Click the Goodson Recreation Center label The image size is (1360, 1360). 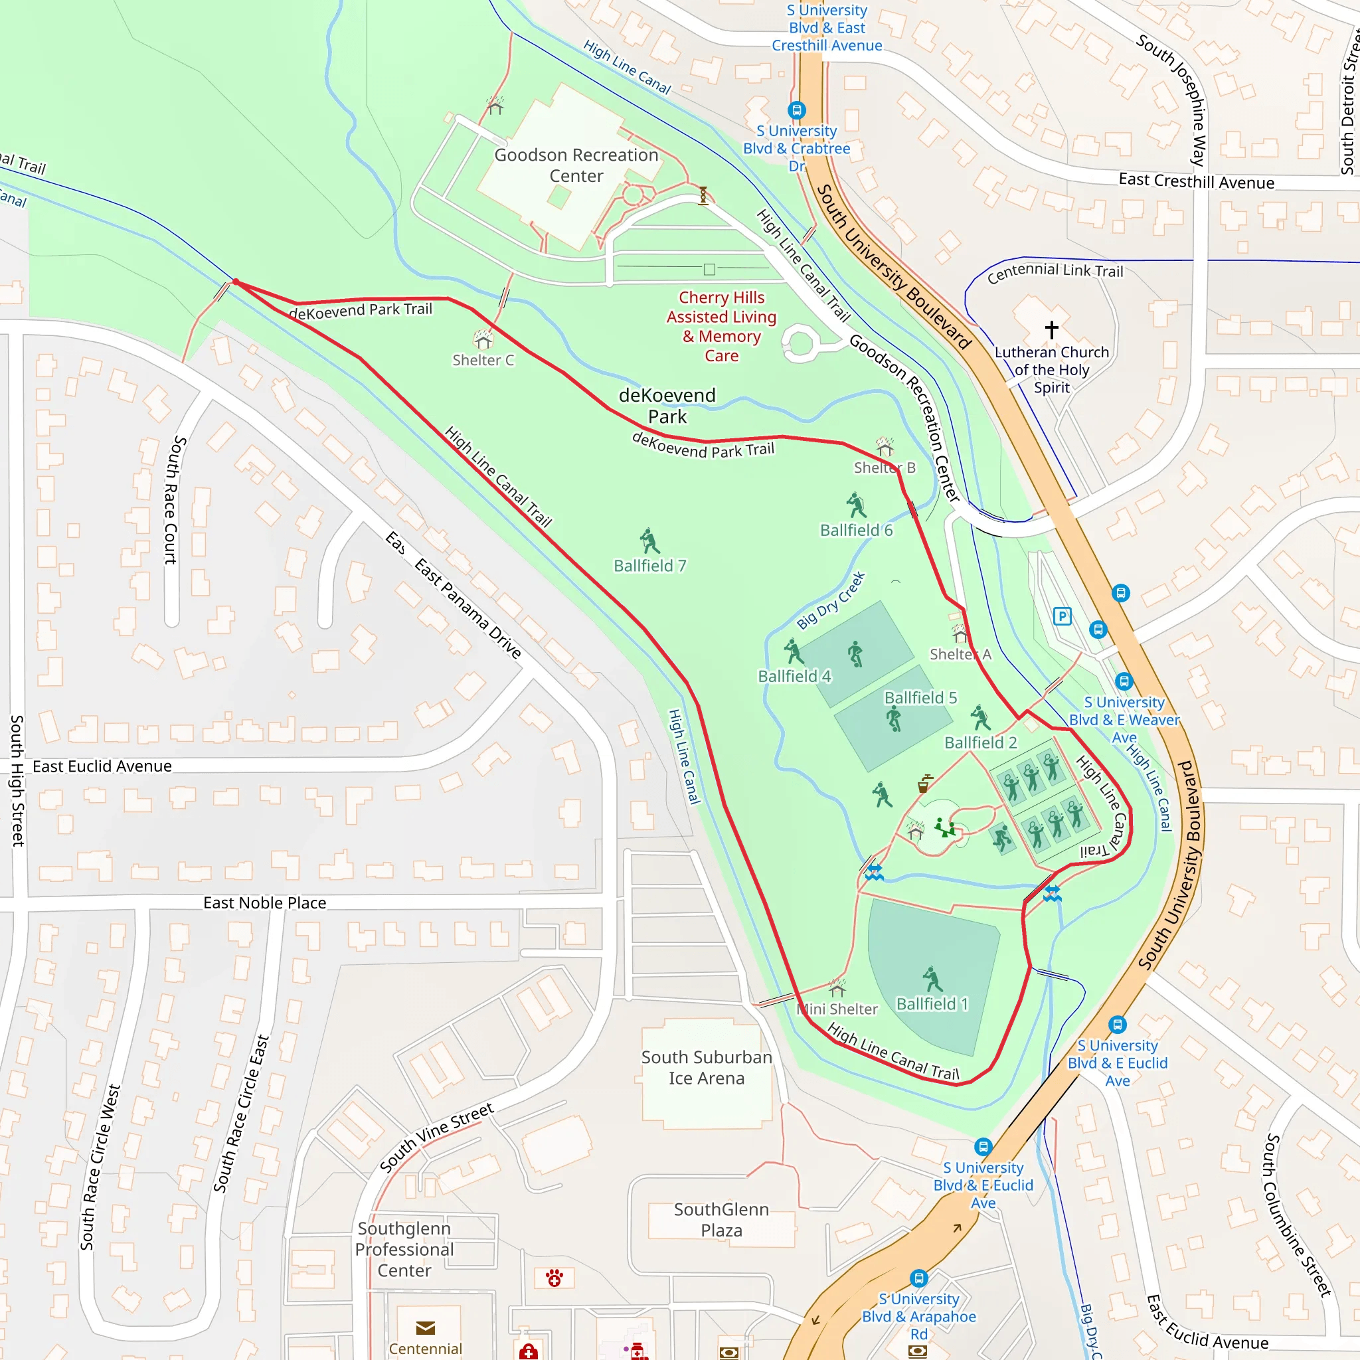(x=576, y=165)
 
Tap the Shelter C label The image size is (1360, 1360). (x=483, y=360)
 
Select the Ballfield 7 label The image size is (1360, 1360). (x=649, y=565)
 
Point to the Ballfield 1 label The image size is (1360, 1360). (x=932, y=1003)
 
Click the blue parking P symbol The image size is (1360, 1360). (x=1062, y=617)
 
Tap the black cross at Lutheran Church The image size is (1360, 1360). (x=1051, y=329)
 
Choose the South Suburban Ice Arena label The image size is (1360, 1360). (x=706, y=1067)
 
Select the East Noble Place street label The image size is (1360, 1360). (x=265, y=902)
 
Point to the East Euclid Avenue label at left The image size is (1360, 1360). (x=102, y=766)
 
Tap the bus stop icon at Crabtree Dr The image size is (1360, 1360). (x=796, y=110)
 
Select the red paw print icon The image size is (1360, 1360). (x=554, y=1278)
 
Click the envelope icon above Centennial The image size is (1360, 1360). (x=425, y=1327)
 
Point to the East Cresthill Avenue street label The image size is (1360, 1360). (x=1196, y=181)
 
